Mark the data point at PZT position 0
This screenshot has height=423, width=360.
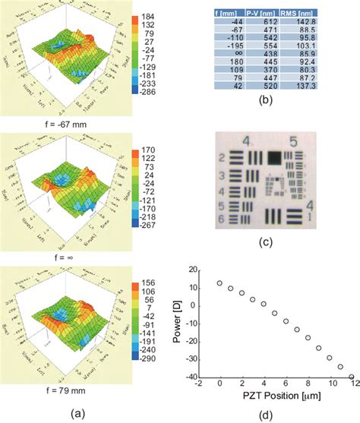219,283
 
